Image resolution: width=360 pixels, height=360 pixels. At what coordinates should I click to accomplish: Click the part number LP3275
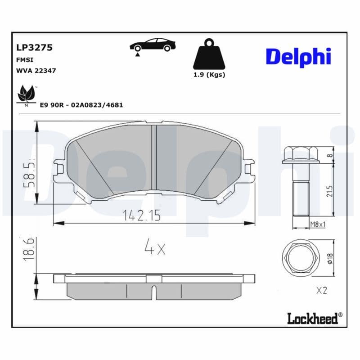(35, 48)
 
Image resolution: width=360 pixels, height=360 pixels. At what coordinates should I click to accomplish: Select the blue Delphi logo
(298, 57)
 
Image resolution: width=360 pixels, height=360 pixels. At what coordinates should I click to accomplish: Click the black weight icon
(209, 54)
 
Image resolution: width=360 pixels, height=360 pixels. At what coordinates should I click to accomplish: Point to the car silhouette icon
(153, 45)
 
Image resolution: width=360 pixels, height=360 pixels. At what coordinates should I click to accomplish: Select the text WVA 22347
(36, 71)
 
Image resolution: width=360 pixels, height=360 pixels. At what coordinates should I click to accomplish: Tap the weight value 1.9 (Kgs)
(209, 75)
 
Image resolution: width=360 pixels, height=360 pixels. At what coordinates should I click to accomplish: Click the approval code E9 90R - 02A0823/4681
(81, 105)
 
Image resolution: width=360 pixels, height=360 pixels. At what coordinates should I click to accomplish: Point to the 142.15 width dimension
(142, 216)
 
